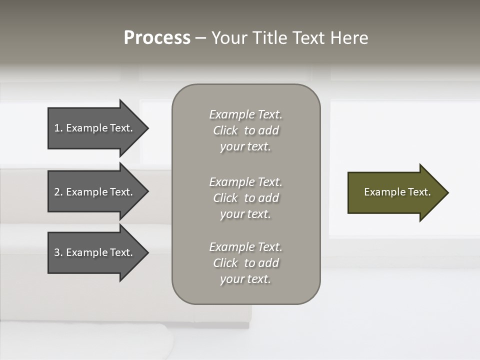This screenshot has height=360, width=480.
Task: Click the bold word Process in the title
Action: coord(157,38)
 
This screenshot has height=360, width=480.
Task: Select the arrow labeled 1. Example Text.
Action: coord(95,128)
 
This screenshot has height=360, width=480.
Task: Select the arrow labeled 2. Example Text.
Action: coord(95,192)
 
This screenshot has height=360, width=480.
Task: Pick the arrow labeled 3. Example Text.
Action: coord(95,252)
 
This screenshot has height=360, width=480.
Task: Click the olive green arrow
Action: coord(395,192)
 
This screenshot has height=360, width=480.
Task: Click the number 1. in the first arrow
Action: coord(58,128)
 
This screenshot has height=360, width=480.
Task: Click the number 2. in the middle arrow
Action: coord(58,192)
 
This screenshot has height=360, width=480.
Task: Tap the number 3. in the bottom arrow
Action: coord(58,252)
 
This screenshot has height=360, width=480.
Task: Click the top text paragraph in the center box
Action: coord(245,130)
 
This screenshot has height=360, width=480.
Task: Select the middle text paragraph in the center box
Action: coord(245,198)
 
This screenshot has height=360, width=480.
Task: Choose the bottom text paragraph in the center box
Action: coord(245,263)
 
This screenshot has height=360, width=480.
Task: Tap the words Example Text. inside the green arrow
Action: coord(397,192)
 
